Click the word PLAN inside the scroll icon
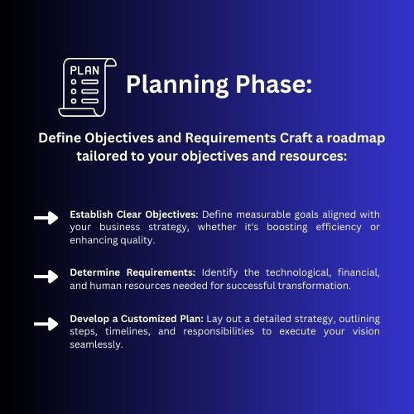pos(84,70)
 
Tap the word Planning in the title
pos(177,85)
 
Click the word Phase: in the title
pos(273,84)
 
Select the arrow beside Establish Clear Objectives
pos(46,218)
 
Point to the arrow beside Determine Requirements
pos(46,277)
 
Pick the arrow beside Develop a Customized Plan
pos(46,324)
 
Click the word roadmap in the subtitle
pos(356,138)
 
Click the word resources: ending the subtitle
pos(313,156)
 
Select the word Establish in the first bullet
pos(91,214)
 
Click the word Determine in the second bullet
pos(95,272)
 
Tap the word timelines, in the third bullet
pos(128,331)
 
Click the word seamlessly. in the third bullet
pos(96,344)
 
